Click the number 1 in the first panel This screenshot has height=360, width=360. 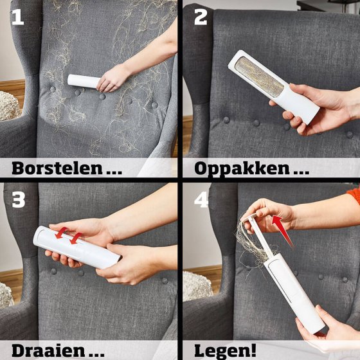tap(18, 17)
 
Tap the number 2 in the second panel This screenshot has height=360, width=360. tap(201, 17)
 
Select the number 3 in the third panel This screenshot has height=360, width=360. tap(19, 200)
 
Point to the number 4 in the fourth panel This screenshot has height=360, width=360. tap(201, 200)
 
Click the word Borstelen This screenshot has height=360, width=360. tap(57, 168)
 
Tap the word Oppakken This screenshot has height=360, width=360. tap(242, 169)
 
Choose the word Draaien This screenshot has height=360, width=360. tap(48, 351)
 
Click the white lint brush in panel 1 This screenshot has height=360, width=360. tap(84, 81)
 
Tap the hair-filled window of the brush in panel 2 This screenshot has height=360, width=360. tap(260, 77)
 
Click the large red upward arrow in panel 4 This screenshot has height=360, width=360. tap(282, 231)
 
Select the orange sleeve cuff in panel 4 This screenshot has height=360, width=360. tap(354, 195)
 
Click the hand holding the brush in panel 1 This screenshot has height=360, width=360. tap(113, 79)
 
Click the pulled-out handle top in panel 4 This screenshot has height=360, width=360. tap(249, 217)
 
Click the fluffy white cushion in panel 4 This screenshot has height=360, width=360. tap(196, 286)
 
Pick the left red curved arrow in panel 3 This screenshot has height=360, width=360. tap(62, 233)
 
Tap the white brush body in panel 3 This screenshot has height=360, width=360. tap(77, 247)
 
